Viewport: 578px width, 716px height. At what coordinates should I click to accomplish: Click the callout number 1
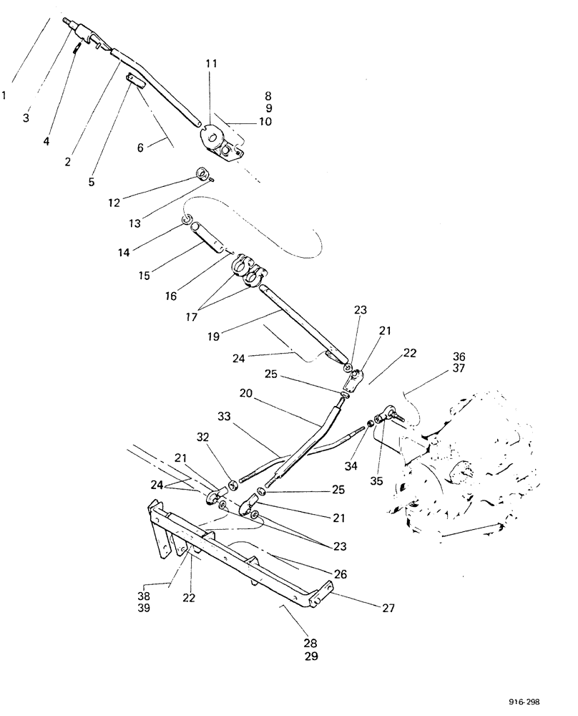(6, 94)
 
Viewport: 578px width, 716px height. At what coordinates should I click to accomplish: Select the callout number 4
(46, 141)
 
